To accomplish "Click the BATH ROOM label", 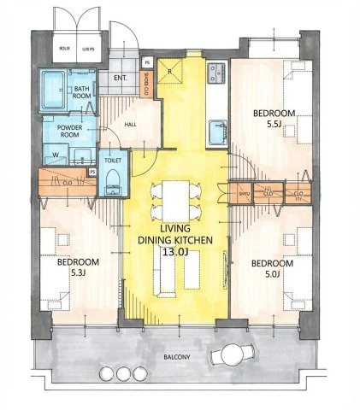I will coord(83,92).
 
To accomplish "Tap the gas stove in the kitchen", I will coord(215,71).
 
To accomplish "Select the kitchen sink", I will coord(215,130).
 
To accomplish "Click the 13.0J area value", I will coord(174,252).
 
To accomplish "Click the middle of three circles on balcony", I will coord(126,374).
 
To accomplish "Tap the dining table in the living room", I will coord(175,200).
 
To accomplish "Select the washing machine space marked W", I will coord(56,155).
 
